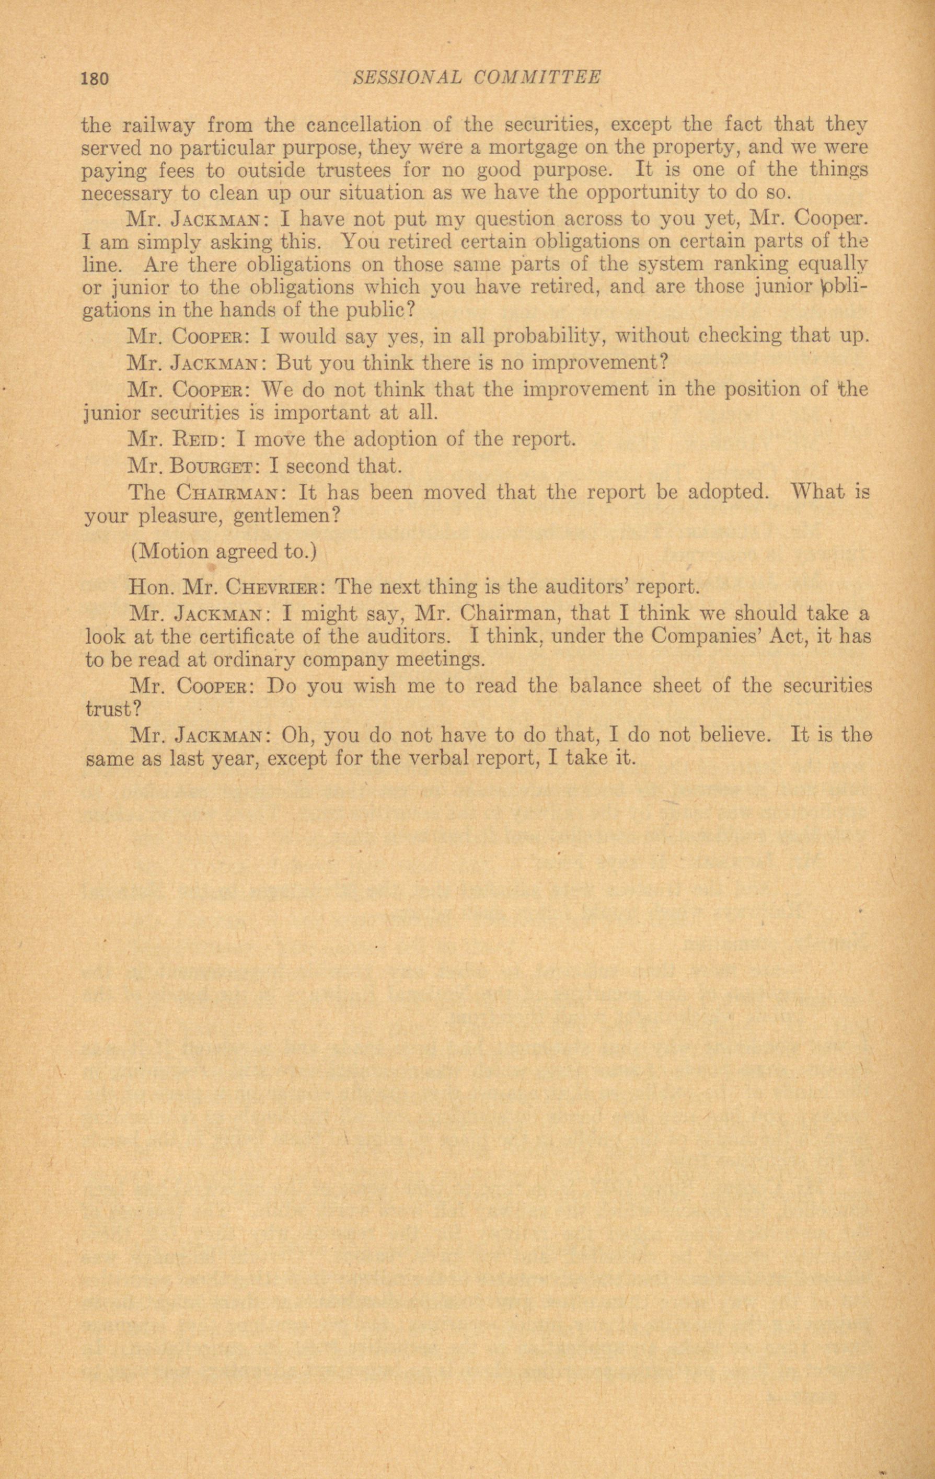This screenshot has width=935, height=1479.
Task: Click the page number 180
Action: click(95, 78)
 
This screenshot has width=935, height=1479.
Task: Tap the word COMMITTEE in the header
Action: click(538, 77)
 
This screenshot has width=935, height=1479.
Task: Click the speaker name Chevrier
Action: click(271, 587)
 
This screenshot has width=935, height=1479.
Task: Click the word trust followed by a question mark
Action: click(113, 709)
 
